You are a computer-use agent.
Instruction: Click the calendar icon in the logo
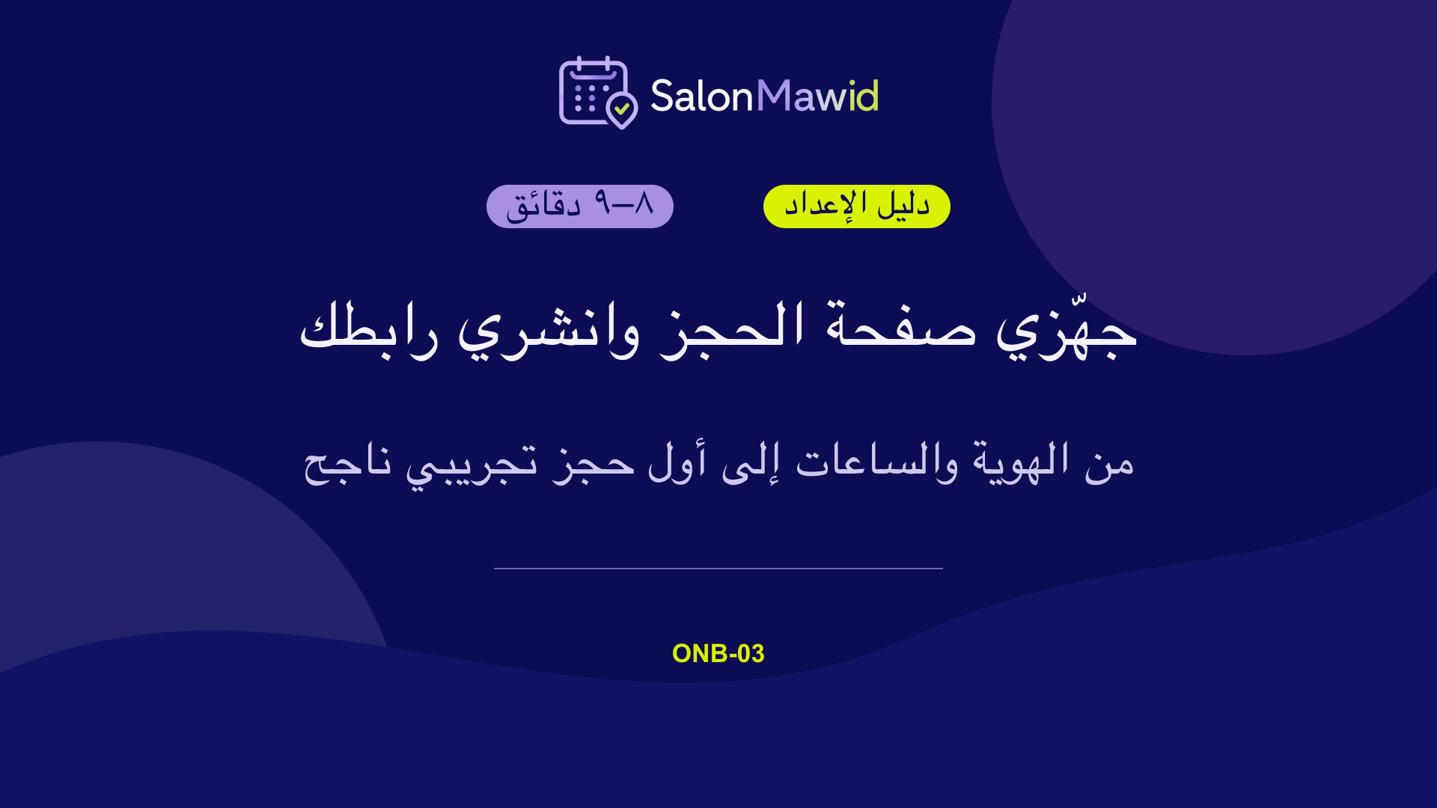(594, 91)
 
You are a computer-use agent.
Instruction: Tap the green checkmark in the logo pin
(622, 108)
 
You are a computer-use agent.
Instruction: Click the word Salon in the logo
(701, 96)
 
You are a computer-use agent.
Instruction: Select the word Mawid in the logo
(817, 96)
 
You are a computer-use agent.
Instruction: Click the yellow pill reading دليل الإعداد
(857, 206)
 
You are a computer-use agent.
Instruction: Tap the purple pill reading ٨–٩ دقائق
(580, 206)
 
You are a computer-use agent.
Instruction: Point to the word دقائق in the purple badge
(544, 205)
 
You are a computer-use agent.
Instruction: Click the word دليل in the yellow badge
(903, 204)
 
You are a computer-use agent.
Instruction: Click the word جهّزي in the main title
(1067, 329)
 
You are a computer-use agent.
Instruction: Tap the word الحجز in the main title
(732, 329)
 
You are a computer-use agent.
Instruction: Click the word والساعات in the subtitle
(876, 462)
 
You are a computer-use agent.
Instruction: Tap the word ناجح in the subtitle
(347, 464)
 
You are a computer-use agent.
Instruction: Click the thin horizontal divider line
(718, 569)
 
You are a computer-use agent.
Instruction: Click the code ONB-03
(718, 653)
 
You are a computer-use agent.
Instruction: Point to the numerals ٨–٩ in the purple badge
(624, 203)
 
